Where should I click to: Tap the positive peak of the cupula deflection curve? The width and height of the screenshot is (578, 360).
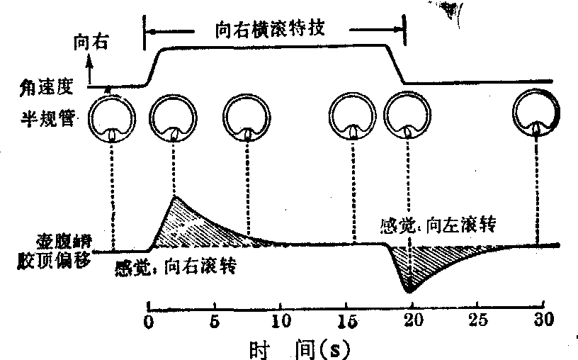tap(174, 198)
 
